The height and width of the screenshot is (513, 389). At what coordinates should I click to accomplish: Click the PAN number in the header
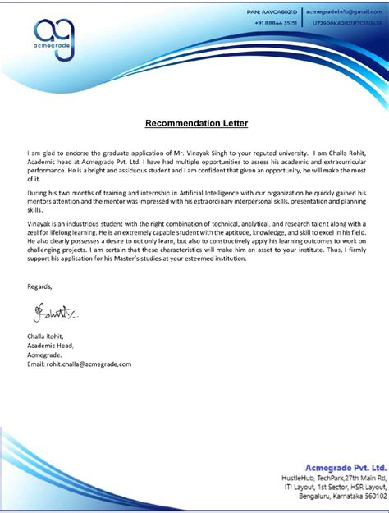272,14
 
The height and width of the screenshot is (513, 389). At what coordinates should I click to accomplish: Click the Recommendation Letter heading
196,123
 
